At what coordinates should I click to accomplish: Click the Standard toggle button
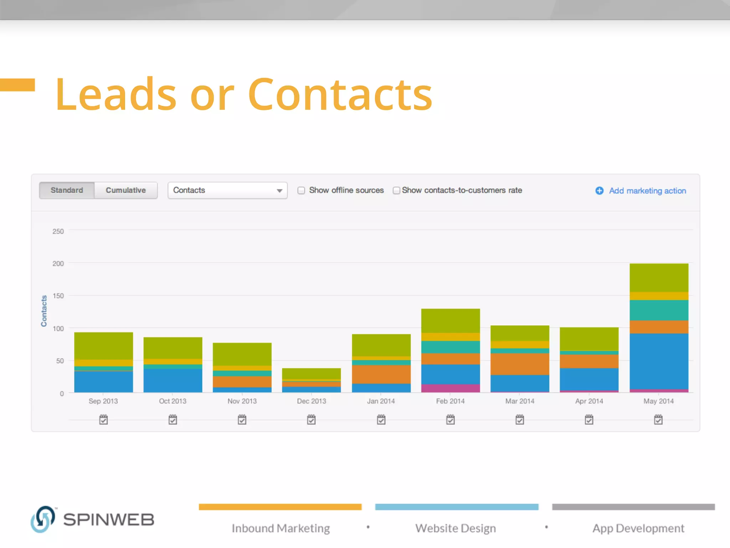pyautogui.click(x=67, y=190)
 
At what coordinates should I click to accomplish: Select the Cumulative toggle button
pyautogui.click(x=126, y=190)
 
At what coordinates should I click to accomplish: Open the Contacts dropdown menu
pyautogui.click(x=227, y=190)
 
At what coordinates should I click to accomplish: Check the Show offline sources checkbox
pyautogui.click(x=302, y=191)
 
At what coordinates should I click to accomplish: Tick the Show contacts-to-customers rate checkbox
pyautogui.click(x=396, y=191)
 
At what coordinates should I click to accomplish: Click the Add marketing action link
pyautogui.click(x=647, y=191)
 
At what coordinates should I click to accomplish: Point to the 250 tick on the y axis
pyautogui.click(x=58, y=232)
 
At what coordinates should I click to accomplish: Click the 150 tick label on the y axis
pyautogui.click(x=58, y=296)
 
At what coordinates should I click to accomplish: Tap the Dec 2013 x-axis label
pyautogui.click(x=312, y=401)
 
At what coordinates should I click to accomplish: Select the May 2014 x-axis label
pyautogui.click(x=658, y=401)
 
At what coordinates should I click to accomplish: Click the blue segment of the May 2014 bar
pyautogui.click(x=659, y=361)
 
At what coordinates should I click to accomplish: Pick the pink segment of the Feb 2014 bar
pyautogui.click(x=451, y=388)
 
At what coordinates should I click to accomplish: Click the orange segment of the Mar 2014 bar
pyautogui.click(x=520, y=364)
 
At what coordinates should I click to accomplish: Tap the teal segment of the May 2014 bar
pyautogui.click(x=659, y=310)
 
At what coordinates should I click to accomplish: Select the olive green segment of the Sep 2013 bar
pyautogui.click(x=103, y=346)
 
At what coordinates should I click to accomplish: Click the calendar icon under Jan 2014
pyautogui.click(x=381, y=420)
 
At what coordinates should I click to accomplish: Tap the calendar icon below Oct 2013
pyautogui.click(x=173, y=420)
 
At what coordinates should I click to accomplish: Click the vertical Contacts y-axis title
pyautogui.click(x=44, y=311)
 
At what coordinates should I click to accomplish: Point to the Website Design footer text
pyautogui.click(x=456, y=528)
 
